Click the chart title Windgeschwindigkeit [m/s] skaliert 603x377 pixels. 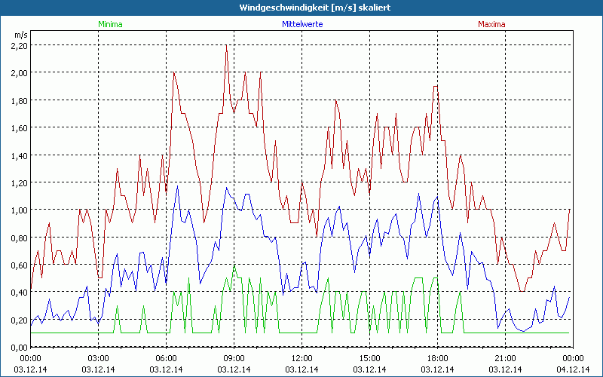301,7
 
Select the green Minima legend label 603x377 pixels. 110,24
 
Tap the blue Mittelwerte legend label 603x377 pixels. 301,24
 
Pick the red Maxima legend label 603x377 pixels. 491,24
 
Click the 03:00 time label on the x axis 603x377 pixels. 99,357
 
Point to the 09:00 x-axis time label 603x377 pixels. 234,357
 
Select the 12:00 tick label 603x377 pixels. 301,357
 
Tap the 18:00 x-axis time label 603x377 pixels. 437,357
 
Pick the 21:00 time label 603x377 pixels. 504,357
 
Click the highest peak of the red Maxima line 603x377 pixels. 226,45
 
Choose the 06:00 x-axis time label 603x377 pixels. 167,357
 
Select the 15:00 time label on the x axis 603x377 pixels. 369,357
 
